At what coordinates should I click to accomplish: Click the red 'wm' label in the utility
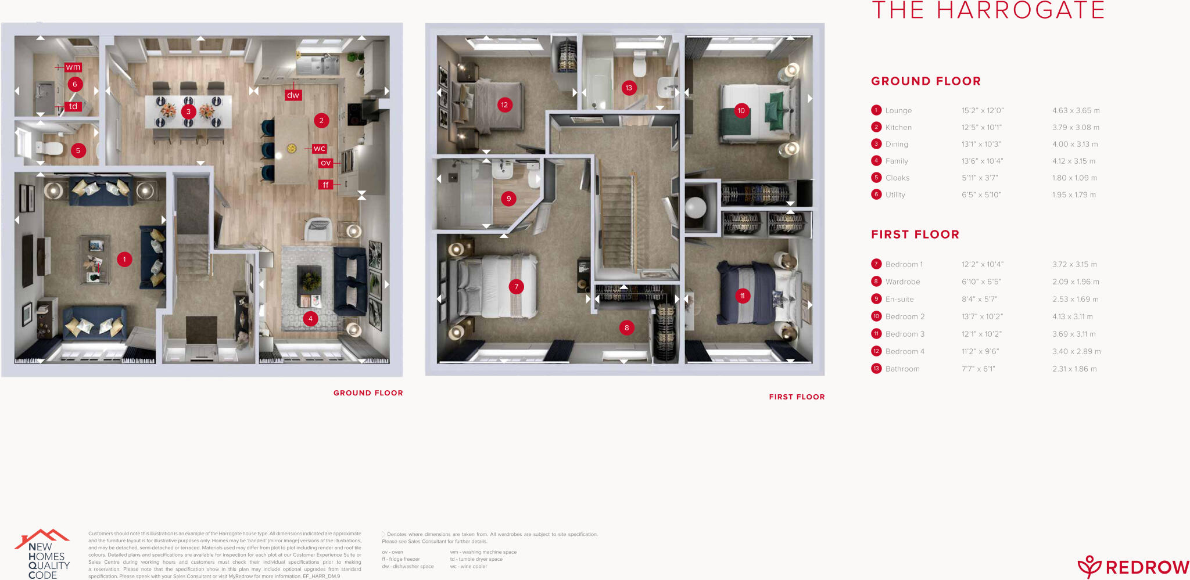[x=73, y=67]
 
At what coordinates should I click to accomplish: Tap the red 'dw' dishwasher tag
[x=293, y=95]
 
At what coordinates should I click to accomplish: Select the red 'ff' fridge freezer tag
[x=325, y=185]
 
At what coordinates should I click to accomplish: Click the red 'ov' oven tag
[x=325, y=163]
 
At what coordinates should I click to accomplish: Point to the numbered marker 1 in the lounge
[x=124, y=259]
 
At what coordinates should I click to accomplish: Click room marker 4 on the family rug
[x=310, y=318]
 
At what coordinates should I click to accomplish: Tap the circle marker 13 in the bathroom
[x=629, y=88]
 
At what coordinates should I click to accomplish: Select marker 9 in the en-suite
[x=508, y=199]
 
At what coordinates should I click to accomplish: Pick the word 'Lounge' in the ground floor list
[x=898, y=110]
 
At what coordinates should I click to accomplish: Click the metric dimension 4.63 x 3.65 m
[x=1076, y=110]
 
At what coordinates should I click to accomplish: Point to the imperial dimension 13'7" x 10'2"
[x=982, y=316]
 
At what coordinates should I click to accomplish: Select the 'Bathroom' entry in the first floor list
[x=902, y=369]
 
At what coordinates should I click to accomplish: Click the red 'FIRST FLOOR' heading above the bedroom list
[x=915, y=235]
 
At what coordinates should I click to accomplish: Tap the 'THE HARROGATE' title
[x=988, y=10]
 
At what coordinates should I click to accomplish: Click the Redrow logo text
[x=1146, y=567]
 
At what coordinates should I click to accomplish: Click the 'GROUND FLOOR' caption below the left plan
[x=368, y=393]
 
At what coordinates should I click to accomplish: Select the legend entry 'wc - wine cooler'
[x=468, y=567]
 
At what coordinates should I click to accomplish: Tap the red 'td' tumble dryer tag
[x=73, y=106]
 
